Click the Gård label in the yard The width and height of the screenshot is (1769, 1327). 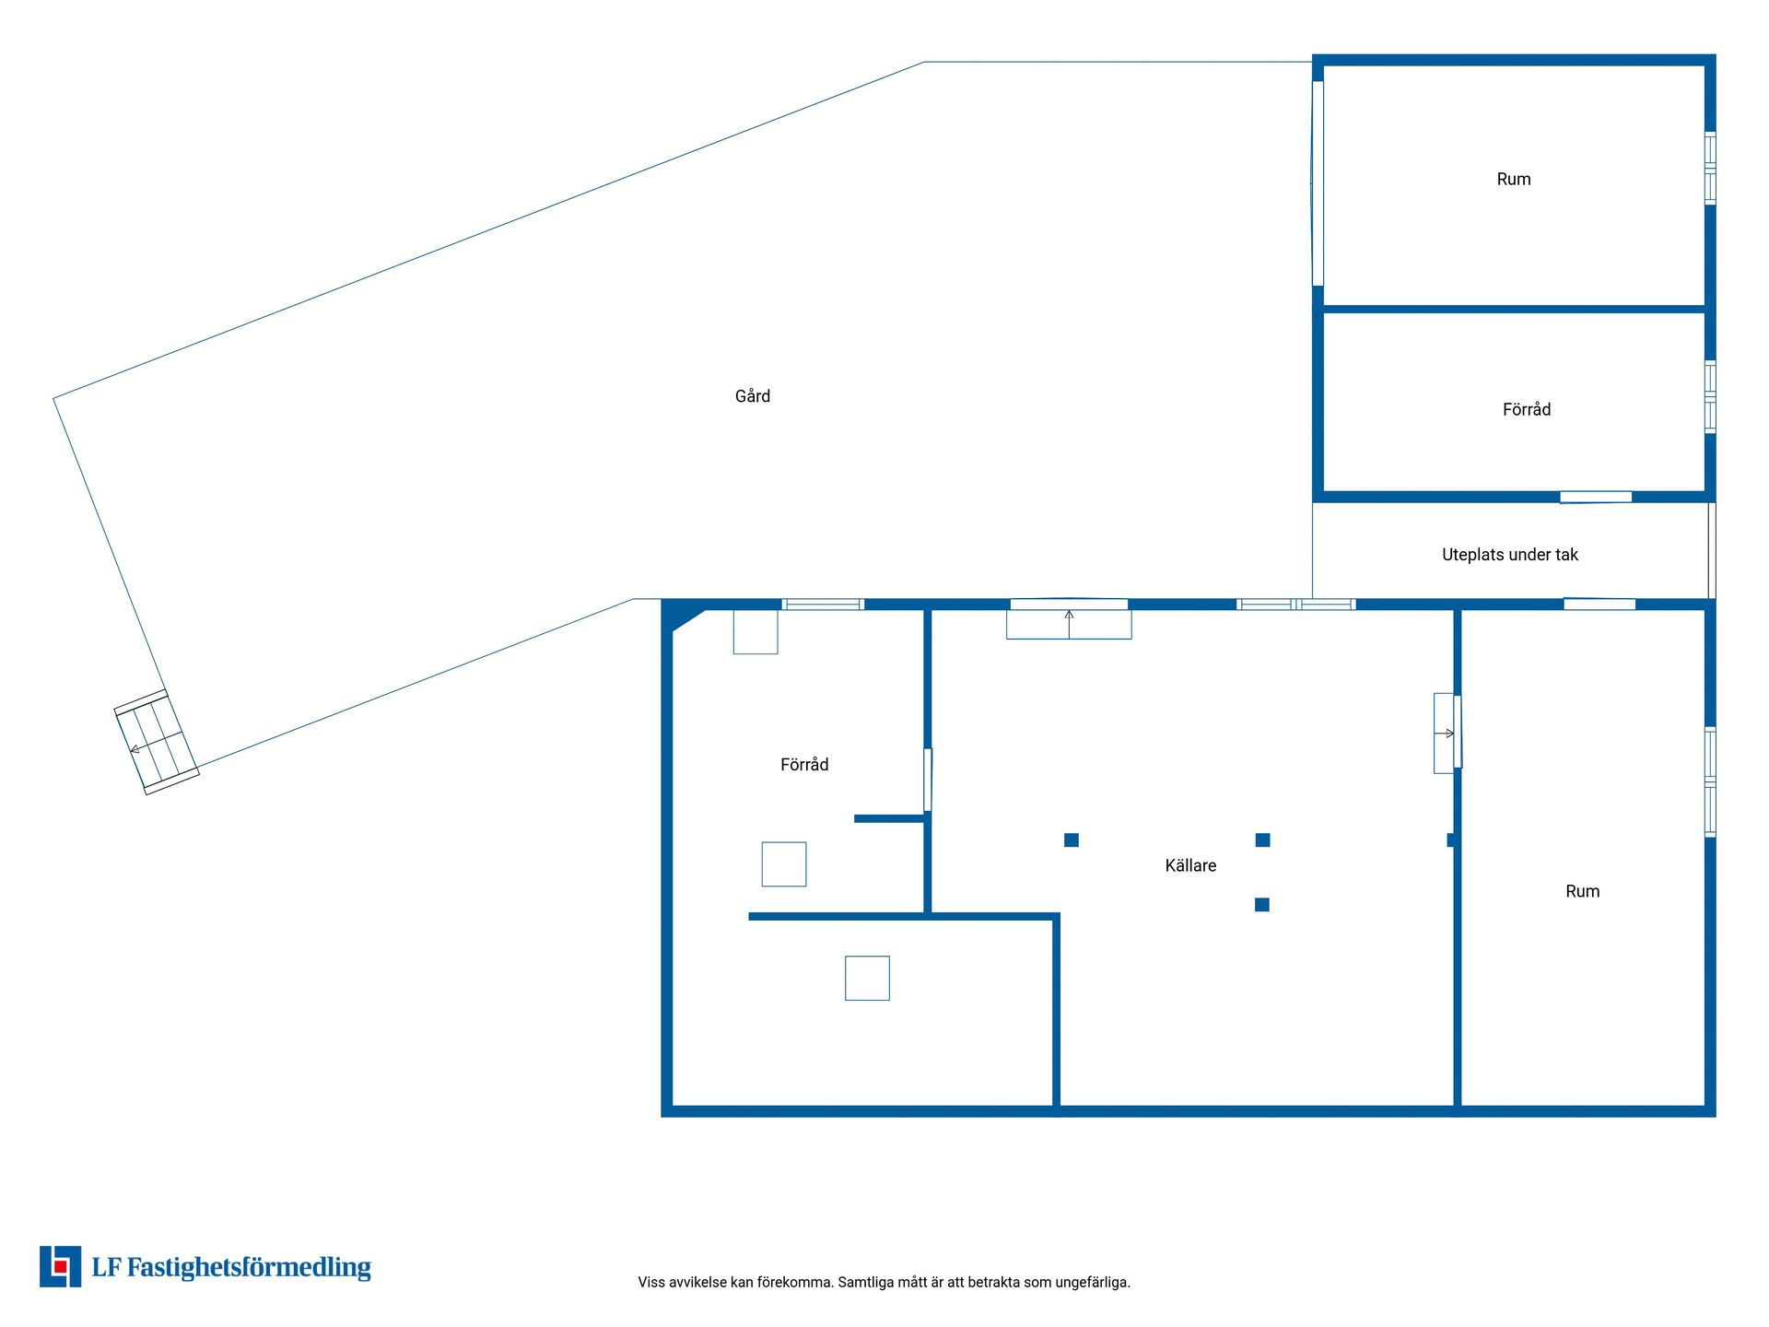tap(752, 396)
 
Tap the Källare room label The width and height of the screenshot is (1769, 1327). tap(1190, 865)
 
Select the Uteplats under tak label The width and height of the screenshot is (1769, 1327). tap(1509, 555)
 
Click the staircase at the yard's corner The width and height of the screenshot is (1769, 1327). tap(157, 742)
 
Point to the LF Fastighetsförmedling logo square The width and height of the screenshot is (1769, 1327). tap(60, 1266)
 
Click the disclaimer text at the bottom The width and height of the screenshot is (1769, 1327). tap(884, 1282)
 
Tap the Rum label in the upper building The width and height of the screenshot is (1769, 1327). tap(1514, 180)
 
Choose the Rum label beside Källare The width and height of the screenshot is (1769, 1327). tap(1582, 891)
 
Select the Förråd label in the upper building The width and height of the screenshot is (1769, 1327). tap(1527, 409)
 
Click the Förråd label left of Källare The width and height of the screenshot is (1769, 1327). tap(804, 764)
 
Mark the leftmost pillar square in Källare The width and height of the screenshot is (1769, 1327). tap(1072, 840)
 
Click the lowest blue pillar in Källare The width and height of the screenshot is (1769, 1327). tap(1262, 905)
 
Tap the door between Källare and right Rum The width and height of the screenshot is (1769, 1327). tap(1447, 734)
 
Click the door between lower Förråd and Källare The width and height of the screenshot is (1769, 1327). tap(928, 780)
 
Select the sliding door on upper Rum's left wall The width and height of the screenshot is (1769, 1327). tap(1318, 183)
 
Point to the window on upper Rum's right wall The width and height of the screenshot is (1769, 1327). tap(1710, 168)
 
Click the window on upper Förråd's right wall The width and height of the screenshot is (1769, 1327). tap(1710, 397)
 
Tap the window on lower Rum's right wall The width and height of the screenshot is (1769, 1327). tap(1710, 781)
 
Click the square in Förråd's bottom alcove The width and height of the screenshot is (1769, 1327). tap(867, 978)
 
